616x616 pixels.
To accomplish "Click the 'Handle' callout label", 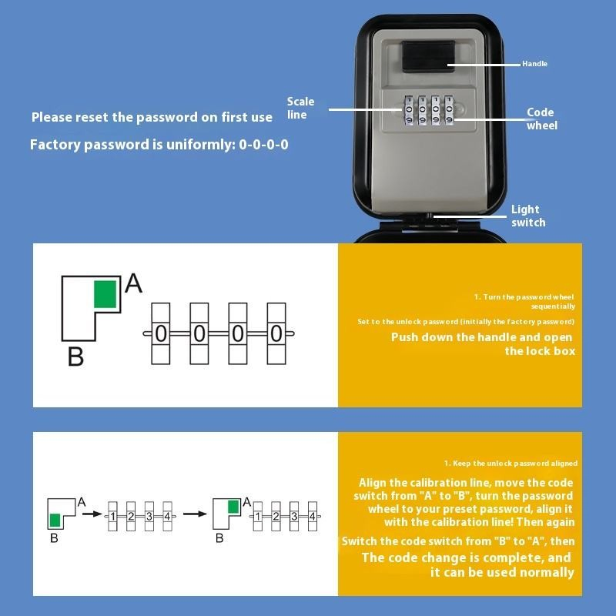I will [534, 64].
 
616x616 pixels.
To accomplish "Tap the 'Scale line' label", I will [300, 109].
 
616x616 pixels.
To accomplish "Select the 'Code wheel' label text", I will [541, 119].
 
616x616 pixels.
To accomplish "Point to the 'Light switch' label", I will [528, 216].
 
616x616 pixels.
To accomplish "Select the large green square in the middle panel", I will [105, 295].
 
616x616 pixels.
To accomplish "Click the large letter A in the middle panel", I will [133, 284].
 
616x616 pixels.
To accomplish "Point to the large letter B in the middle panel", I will [75, 357].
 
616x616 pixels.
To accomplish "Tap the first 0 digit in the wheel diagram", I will [161, 333].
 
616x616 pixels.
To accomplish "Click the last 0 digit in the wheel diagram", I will [276, 333].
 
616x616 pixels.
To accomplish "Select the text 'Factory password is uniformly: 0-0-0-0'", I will [159, 144].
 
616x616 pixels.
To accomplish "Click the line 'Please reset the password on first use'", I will [152, 117].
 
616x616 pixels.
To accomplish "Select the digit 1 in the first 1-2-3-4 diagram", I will [112, 516].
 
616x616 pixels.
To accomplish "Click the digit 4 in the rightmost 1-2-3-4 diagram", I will [312, 516].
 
